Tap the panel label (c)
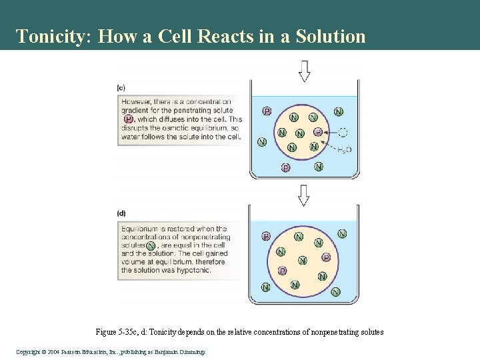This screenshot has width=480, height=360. pos(121,87)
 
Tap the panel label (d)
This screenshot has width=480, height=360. pos(121,213)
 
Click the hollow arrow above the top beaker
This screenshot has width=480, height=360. pos(305,71)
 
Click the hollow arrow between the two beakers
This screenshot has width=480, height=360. pos(305,195)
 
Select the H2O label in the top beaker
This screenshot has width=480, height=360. pos(344,151)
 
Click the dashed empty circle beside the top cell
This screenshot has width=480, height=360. pos(342,132)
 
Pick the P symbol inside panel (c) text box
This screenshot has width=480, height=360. pos(128,119)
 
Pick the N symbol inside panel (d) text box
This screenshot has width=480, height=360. pos(151,245)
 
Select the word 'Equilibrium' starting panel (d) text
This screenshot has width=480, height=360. pos(142,229)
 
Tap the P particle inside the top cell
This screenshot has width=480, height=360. pos(317,132)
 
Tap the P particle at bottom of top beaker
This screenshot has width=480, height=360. pos(285,167)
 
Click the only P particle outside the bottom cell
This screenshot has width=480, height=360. pos(266,235)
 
